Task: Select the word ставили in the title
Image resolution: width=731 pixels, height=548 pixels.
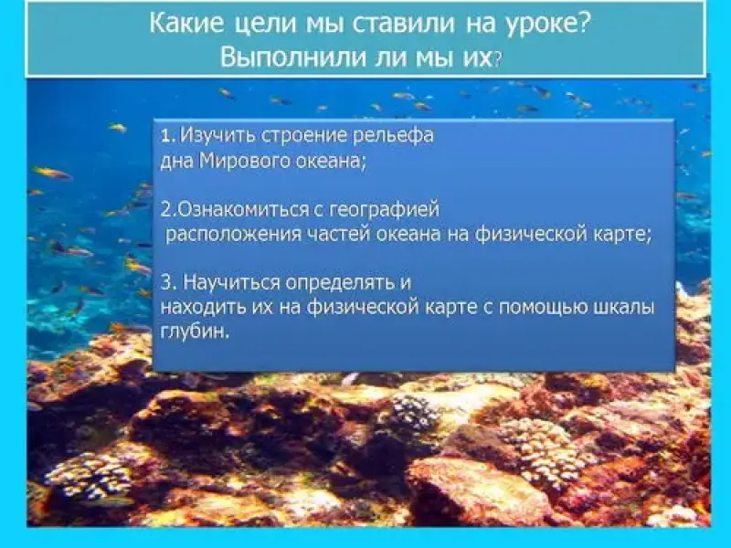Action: (402, 25)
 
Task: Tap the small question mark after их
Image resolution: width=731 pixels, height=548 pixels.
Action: (498, 59)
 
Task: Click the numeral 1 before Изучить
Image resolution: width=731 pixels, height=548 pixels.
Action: (167, 136)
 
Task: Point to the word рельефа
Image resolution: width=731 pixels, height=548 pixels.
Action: (394, 135)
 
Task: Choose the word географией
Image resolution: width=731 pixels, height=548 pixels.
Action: (385, 210)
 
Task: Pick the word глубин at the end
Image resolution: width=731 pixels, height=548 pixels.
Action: (196, 332)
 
